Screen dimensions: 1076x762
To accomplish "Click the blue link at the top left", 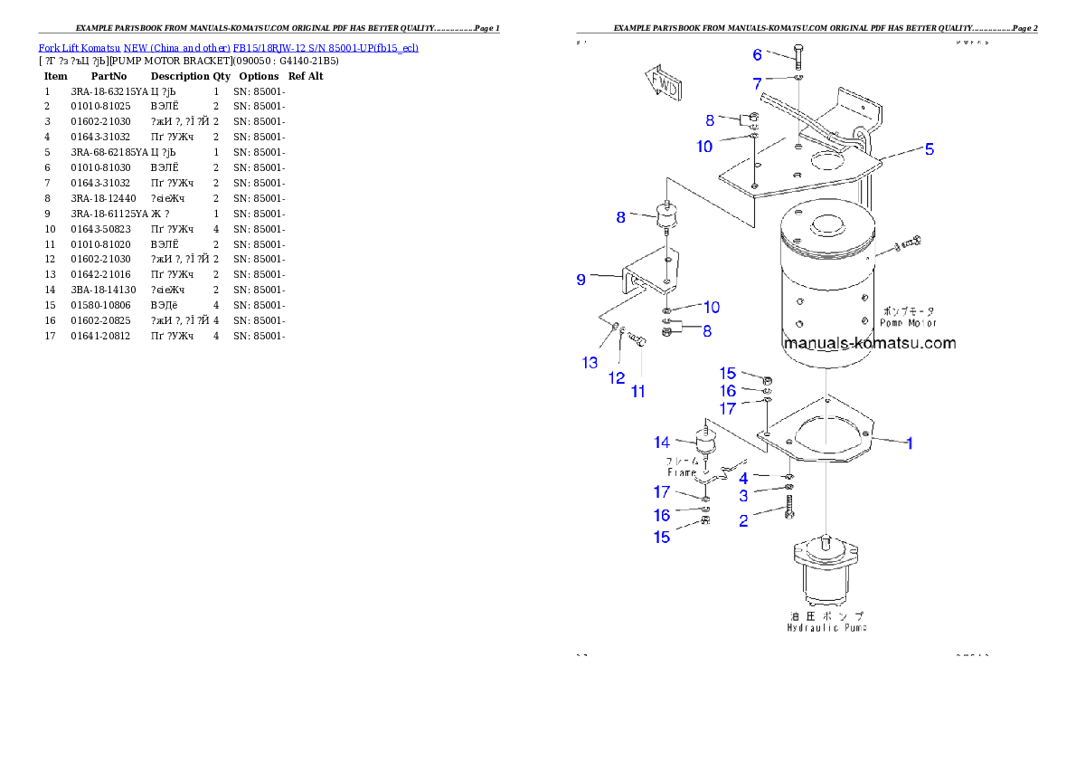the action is click(x=228, y=47).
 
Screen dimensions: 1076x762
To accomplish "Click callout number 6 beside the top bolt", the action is click(x=758, y=55).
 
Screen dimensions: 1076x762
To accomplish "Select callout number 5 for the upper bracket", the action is click(x=930, y=149).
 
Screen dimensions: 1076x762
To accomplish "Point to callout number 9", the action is click(x=581, y=280).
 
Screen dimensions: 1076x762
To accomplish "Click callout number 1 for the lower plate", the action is click(x=910, y=443).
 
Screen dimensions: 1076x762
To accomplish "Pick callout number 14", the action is click(x=663, y=443).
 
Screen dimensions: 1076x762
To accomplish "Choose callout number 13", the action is click(x=590, y=363).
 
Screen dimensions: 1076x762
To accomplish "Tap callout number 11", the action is click(x=638, y=392).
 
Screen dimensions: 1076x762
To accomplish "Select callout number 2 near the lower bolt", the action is click(x=743, y=520).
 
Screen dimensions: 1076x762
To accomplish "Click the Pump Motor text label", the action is click(x=909, y=317).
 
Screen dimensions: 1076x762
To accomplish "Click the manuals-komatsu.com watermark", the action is click(x=870, y=343).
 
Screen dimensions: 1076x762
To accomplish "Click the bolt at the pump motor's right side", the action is click(x=910, y=243).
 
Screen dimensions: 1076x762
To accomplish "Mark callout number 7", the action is click(x=758, y=84).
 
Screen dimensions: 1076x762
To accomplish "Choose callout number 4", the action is click(x=743, y=477).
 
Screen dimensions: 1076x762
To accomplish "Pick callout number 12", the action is click(x=617, y=377).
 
